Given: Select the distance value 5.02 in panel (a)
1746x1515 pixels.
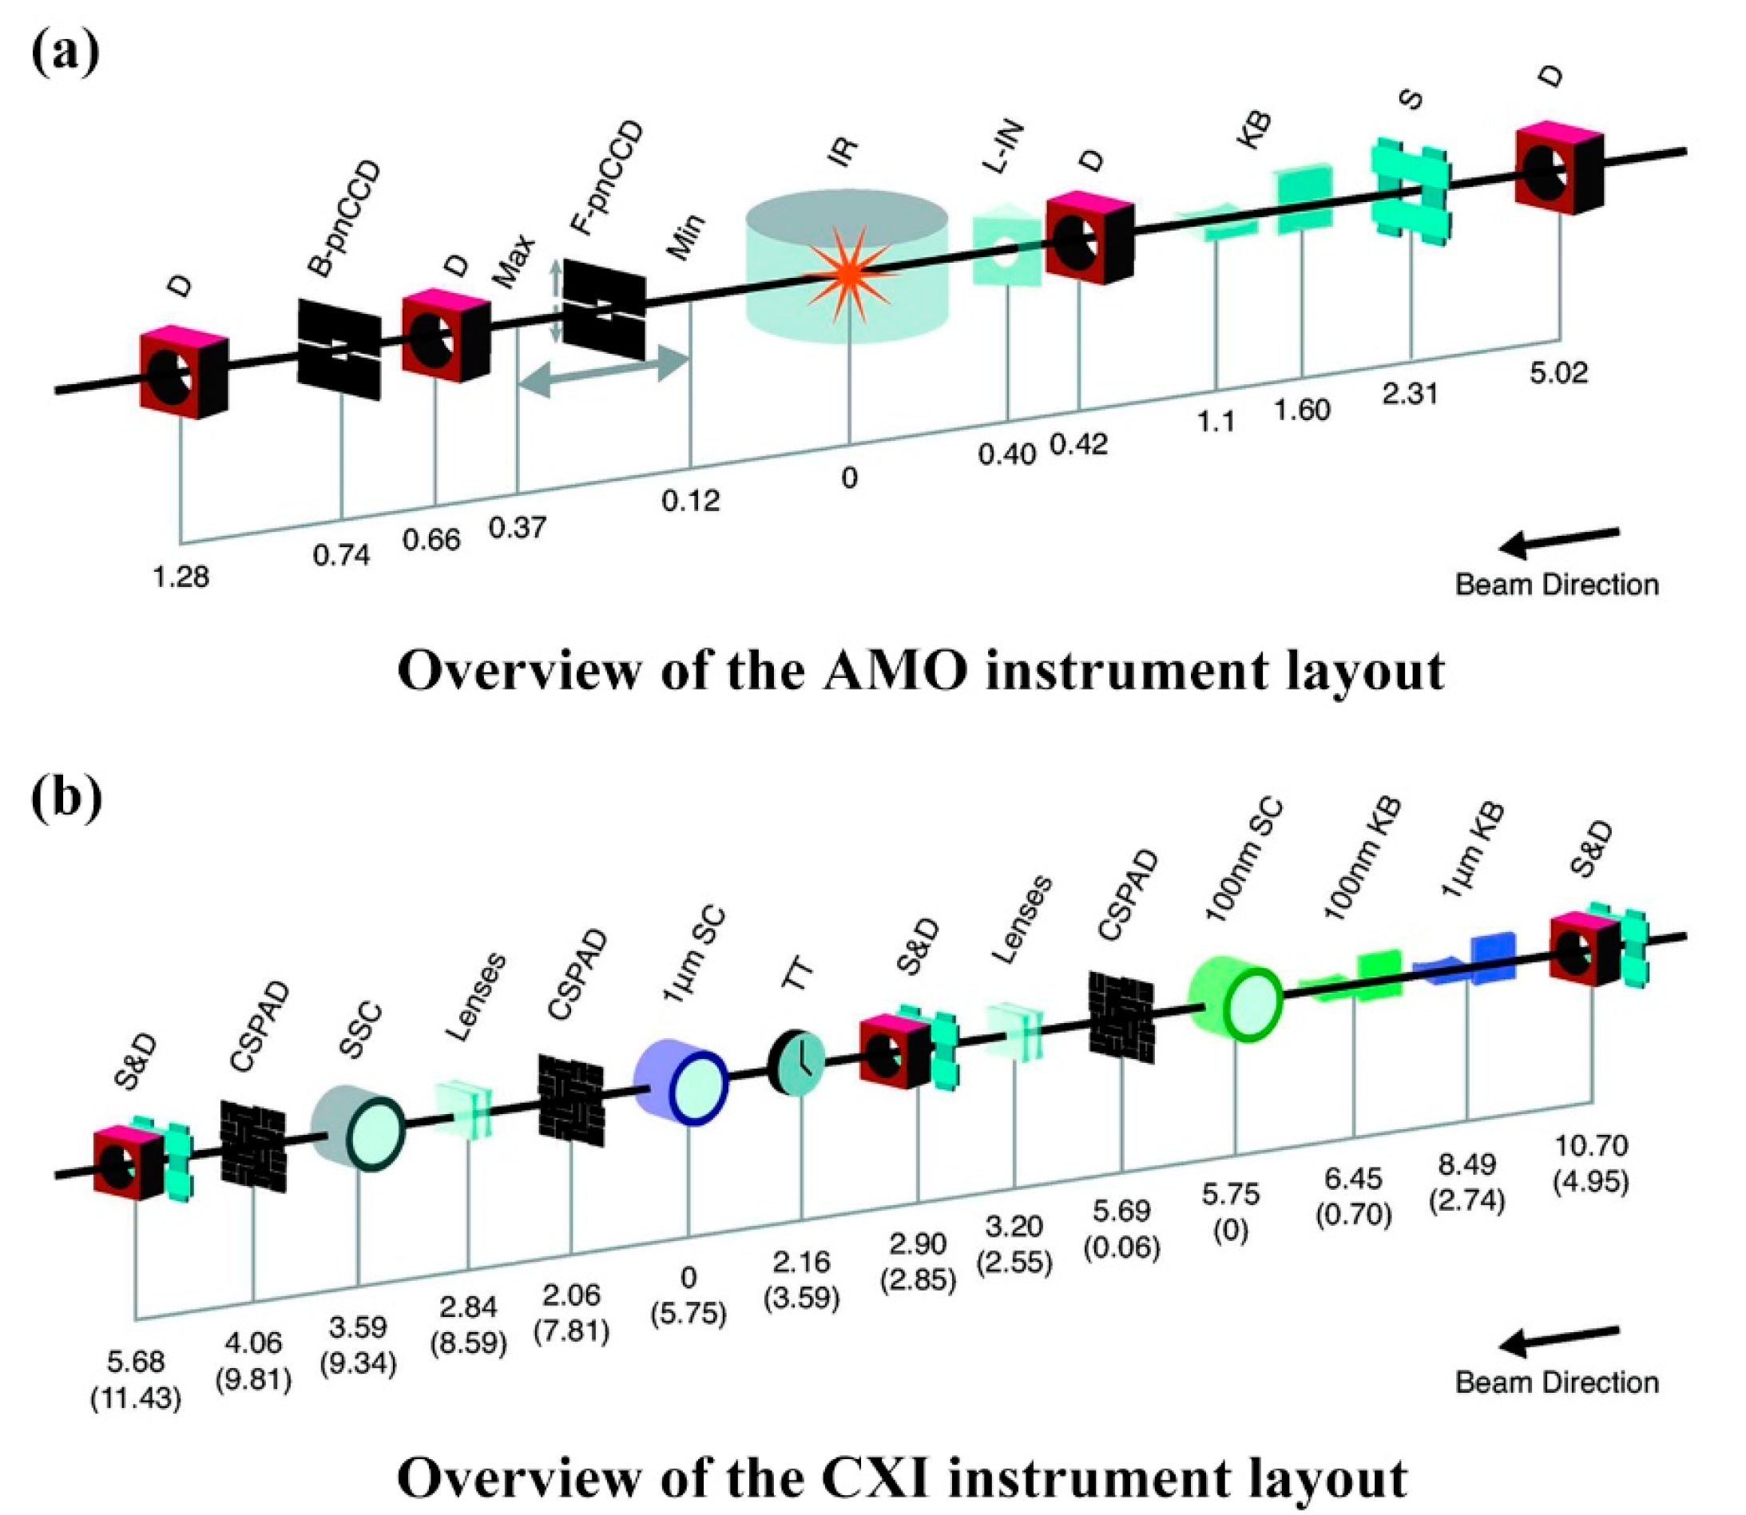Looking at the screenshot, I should click(x=1558, y=373).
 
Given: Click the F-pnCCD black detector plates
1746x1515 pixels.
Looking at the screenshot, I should click(x=604, y=309).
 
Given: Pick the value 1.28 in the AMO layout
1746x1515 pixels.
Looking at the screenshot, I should click(x=181, y=578).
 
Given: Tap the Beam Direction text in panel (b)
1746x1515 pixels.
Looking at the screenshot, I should click(x=1557, y=1382).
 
